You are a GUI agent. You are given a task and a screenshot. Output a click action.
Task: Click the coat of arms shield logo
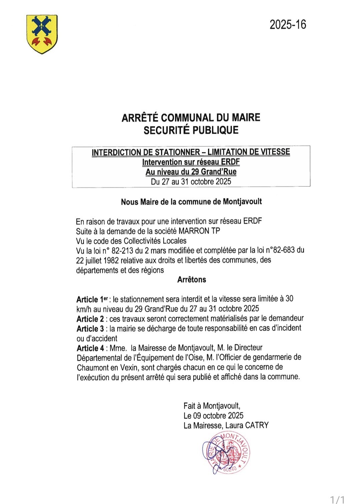point(42,34)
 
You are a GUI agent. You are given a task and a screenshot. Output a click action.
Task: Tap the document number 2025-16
point(288,25)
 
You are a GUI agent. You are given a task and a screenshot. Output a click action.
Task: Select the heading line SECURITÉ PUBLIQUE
point(191,130)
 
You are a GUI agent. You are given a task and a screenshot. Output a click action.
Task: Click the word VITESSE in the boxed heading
point(275,152)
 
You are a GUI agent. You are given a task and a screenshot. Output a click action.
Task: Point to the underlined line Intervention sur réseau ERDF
point(191,162)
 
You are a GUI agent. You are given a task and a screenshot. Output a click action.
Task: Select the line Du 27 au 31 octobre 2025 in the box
point(191,182)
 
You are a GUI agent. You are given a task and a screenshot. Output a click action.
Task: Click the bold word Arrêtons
point(192,280)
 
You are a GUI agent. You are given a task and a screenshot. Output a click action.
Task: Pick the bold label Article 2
point(90,319)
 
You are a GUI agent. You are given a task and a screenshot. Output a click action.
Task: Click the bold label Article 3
point(90,329)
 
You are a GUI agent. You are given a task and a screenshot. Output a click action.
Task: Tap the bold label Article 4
point(90,348)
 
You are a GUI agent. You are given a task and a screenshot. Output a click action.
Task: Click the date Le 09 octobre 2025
point(213,416)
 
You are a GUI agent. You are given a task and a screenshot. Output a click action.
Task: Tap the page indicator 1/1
point(337,499)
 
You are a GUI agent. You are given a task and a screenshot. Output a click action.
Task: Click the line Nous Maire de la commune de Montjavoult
point(191,202)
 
